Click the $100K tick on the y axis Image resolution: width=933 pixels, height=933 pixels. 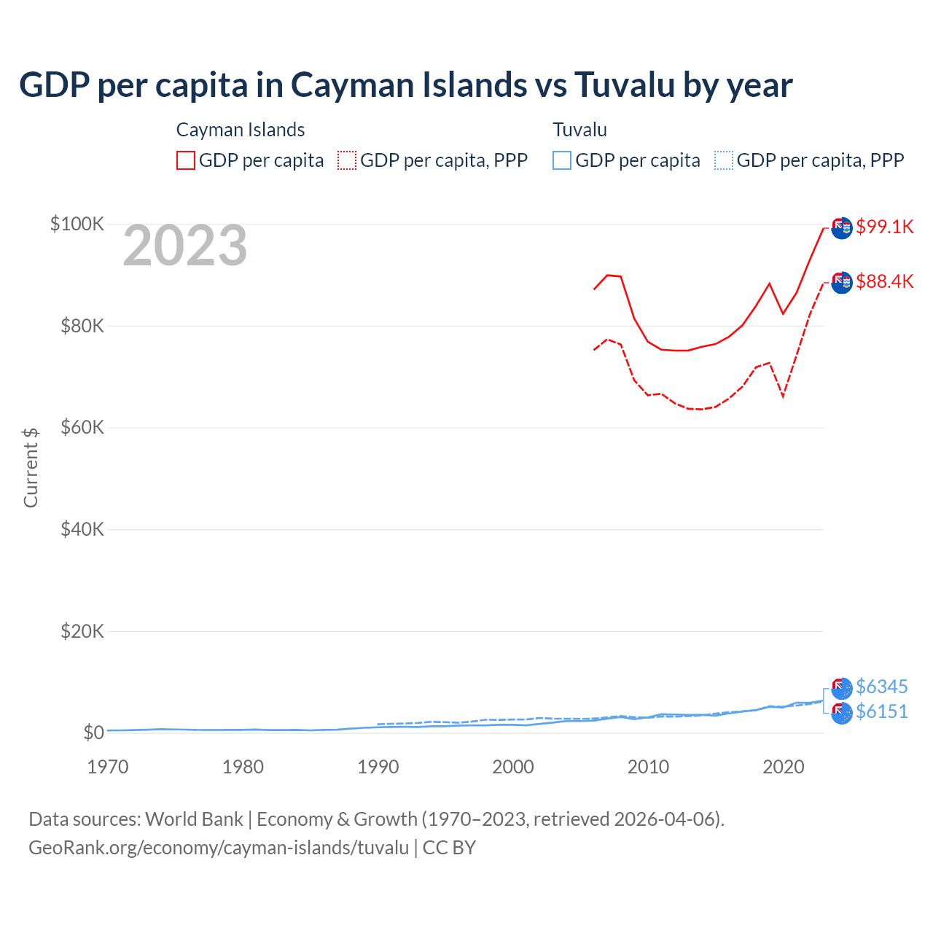tap(77, 224)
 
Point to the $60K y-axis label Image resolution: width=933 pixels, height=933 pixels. tap(82, 427)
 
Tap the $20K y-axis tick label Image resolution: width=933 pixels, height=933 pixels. tap(82, 631)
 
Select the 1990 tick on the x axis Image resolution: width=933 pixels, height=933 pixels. tap(378, 767)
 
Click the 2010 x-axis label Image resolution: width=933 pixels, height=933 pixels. tap(648, 767)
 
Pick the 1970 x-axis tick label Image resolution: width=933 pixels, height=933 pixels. tap(108, 767)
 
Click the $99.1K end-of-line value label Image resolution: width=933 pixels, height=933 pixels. tap(884, 227)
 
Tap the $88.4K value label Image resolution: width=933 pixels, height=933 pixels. tap(884, 281)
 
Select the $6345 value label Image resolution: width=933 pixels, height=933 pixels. tap(882, 687)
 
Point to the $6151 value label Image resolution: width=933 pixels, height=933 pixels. tap(882, 711)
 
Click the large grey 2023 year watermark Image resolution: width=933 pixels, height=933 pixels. tap(185, 246)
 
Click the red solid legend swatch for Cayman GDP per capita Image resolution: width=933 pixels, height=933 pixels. tap(186, 160)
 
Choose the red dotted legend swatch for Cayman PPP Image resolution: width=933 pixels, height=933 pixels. tap(347, 160)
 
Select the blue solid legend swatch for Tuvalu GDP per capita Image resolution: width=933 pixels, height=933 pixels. tap(562, 160)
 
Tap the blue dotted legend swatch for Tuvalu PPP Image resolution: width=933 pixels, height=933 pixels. tap(724, 160)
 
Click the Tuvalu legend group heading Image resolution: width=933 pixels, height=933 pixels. tap(579, 130)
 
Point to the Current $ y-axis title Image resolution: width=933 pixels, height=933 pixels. tap(31, 467)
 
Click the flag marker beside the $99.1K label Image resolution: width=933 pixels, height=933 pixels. tap(842, 227)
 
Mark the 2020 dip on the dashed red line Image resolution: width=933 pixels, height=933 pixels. tap(783, 397)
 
